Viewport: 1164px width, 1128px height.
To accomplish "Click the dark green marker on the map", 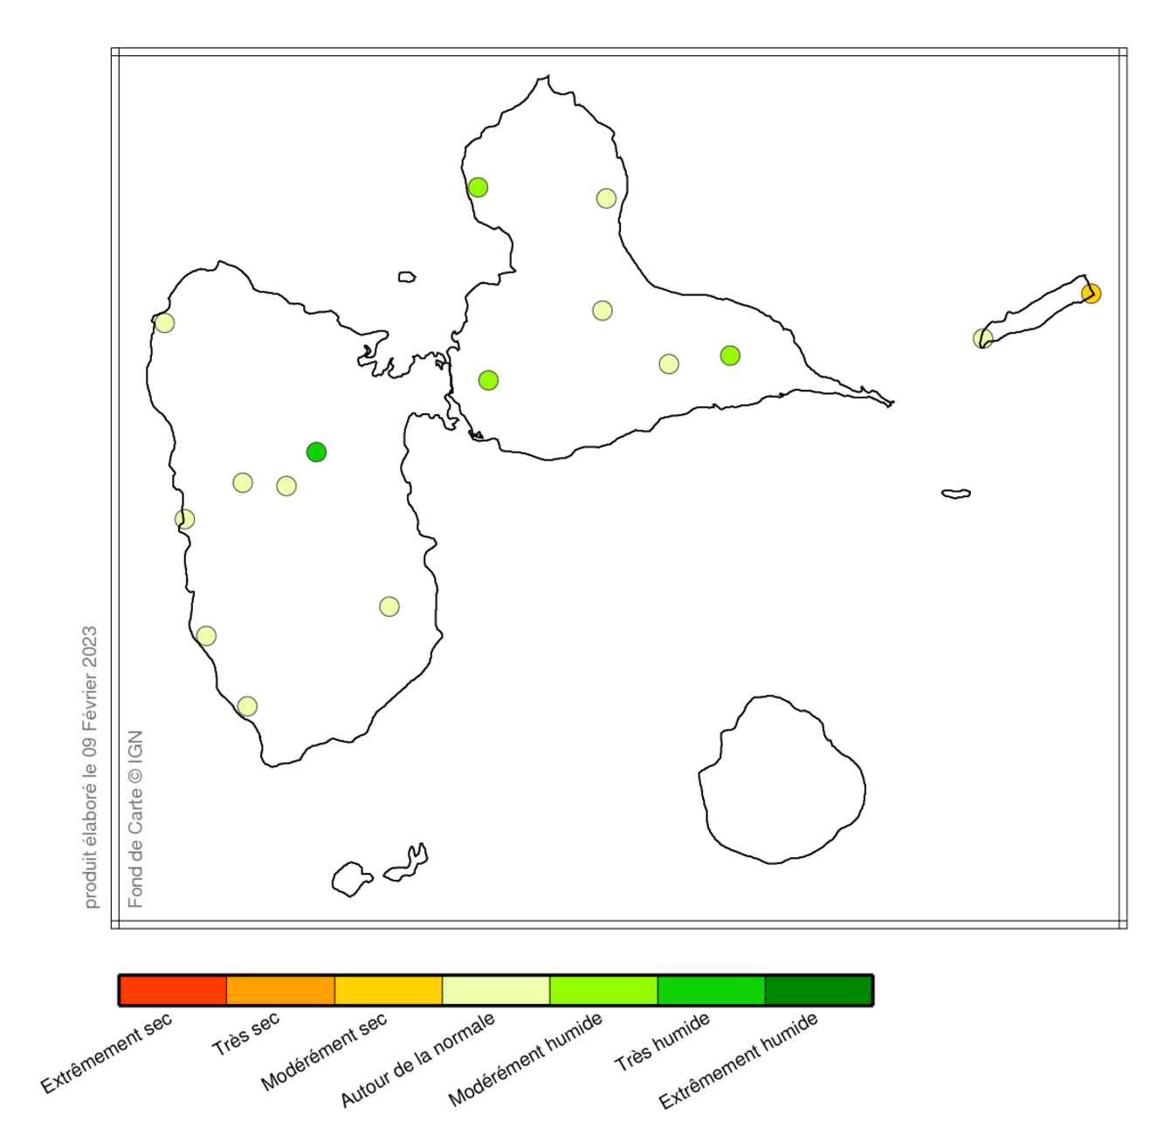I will [316, 452].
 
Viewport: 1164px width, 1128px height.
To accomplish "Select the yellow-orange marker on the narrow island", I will [1091, 294].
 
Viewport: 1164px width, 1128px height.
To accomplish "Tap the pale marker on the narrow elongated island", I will [983, 338].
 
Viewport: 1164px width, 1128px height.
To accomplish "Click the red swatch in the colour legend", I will [173, 990].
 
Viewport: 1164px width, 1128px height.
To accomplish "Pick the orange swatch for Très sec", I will [280, 990].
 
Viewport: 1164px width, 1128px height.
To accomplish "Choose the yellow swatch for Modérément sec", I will [389, 990].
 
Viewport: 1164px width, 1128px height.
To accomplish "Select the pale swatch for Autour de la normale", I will [496, 990].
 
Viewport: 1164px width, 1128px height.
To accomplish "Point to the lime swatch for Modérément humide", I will [603, 990].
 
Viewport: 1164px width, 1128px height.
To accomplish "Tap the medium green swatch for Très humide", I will [711, 990].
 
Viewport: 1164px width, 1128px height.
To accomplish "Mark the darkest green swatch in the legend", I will [818, 990].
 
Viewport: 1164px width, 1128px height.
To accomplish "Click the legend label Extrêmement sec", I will [107, 1053].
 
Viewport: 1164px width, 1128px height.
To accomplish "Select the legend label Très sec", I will [245, 1033].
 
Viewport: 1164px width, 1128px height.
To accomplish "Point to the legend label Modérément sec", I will [324, 1052].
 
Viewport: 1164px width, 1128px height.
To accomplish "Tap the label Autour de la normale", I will [417, 1059].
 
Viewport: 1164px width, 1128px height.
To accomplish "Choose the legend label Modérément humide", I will [526, 1059].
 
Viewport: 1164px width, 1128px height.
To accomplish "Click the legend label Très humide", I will [662, 1041].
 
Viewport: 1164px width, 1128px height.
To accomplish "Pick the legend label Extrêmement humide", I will [739, 1060].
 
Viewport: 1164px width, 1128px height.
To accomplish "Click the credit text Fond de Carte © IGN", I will [135, 819].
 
